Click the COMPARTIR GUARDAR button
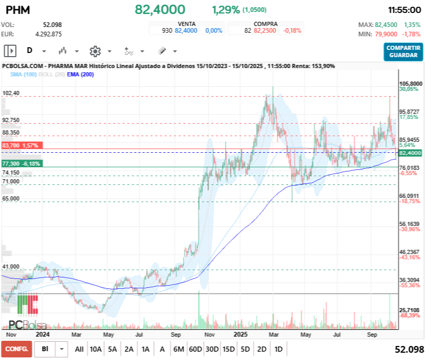click(403, 51)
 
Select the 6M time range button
click(179, 349)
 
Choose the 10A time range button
click(96, 349)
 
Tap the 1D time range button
click(278, 349)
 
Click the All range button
click(79, 349)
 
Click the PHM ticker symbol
click(18, 10)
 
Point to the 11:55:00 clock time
click(404, 10)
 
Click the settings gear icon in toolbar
click(95, 51)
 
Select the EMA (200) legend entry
click(80, 75)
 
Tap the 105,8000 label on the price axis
click(410, 84)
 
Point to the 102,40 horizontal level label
click(11, 93)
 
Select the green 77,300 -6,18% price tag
click(21, 164)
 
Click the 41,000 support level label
click(11, 266)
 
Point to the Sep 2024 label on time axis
click(178, 335)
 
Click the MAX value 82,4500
click(386, 25)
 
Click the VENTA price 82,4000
click(186, 31)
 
